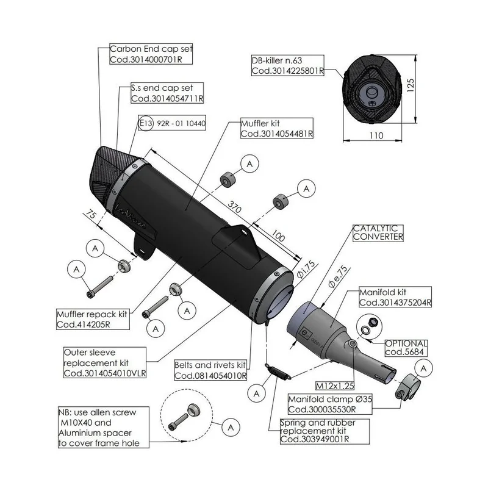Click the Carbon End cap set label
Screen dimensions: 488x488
tap(151, 54)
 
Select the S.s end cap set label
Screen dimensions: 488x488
tap(167, 93)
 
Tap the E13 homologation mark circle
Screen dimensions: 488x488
tap(146, 123)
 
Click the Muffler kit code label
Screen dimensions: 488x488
tap(277, 128)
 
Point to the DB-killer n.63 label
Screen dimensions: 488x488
tap(287, 65)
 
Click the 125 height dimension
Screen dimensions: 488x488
tap(411, 85)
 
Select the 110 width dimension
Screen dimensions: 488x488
tap(376, 135)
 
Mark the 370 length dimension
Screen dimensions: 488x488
tap(234, 206)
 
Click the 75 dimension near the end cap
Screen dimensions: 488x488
tap(91, 215)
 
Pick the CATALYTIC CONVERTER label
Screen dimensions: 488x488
tap(378, 233)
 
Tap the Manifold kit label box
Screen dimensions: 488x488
tap(395, 297)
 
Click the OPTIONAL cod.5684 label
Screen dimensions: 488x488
tap(406, 348)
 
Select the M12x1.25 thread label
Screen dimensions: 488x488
tap(335, 386)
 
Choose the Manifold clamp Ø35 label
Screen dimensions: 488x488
tap(330, 404)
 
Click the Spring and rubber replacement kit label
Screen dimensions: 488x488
tap(325, 431)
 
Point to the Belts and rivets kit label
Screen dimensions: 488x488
tap(210, 370)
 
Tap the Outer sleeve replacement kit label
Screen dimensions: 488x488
tap(105, 362)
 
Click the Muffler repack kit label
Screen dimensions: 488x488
tap(93, 319)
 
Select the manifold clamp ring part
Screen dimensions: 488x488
tap(407, 387)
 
